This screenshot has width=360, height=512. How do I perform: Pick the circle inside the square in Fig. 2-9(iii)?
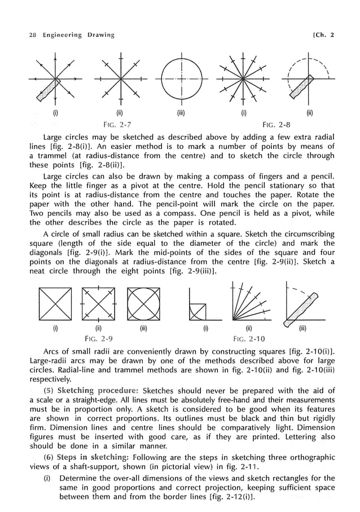[143, 304]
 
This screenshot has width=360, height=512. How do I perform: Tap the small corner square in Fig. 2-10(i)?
[196, 312]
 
